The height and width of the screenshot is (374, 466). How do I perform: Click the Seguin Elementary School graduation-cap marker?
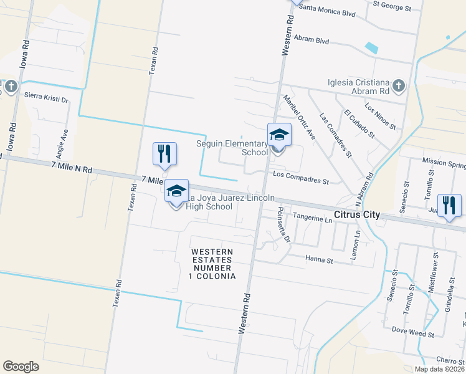click(x=279, y=135)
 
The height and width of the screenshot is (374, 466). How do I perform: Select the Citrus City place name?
click(x=357, y=214)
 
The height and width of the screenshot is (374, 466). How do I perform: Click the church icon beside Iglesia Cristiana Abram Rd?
click(x=399, y=84)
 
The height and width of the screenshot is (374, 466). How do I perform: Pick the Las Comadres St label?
click(x=336, y=134)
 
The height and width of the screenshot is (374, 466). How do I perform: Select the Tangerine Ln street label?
click(x=312, y=219)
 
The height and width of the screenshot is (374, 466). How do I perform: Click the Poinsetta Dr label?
click(x=283, y=224)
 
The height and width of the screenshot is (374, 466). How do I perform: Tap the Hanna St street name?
click(x=319, y=259)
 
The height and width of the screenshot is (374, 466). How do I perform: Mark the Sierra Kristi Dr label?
click(x=46, y=96)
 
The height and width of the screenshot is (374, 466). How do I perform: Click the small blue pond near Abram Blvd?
click(x=372, y=47)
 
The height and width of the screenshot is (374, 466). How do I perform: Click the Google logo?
click(x=21, y=367)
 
